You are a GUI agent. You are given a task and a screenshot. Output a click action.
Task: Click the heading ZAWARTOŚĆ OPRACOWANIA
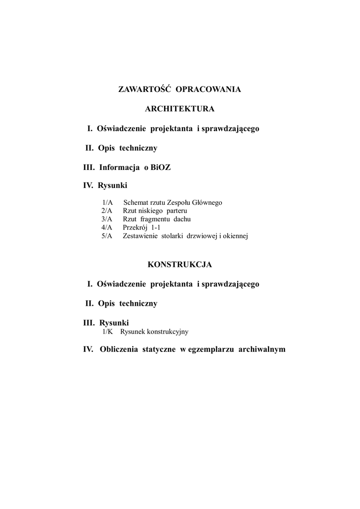click(x=180, y=89)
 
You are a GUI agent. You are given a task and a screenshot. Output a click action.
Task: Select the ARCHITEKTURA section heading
click(x=180, y=109)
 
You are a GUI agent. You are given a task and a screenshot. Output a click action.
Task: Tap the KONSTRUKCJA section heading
click(x=180, y=264)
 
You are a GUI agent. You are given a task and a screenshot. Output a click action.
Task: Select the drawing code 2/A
click(x=107, y=211)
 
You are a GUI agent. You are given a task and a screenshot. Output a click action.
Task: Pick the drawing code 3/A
click(x=107, y=219)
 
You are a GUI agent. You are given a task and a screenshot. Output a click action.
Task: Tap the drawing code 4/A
click(x=107, y=227)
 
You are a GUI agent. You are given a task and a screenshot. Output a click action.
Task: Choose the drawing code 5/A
click(x=107, y=236)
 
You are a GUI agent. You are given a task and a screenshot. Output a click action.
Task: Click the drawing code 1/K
click(x=108, y=331)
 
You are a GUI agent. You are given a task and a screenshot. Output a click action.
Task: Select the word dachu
click(x=182, y=219)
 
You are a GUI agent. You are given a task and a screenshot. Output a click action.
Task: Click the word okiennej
click(x=236, y=236)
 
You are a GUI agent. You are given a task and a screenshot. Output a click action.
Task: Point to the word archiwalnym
click(x=262, y=349)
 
